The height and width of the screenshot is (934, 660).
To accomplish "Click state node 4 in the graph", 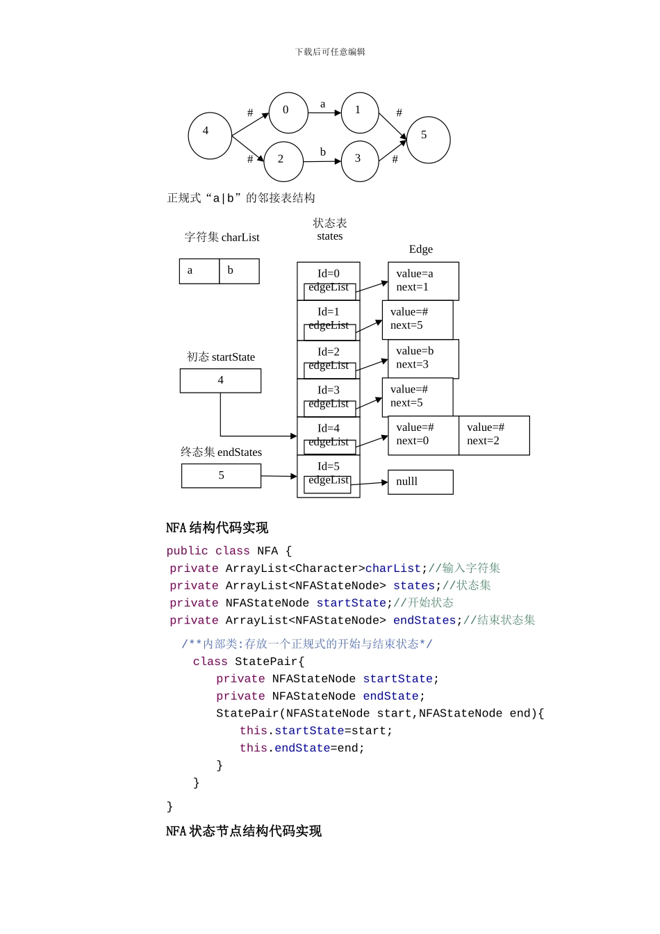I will click(209, 136).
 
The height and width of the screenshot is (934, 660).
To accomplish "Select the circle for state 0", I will click(288, 113).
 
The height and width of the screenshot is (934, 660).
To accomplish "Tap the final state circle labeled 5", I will click(428, 140).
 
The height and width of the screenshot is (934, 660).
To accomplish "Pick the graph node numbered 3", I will click(360, 161).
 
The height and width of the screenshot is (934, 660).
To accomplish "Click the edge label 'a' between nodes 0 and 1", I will click(322, 104).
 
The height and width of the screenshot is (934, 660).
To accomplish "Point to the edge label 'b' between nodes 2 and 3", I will click(322, 152).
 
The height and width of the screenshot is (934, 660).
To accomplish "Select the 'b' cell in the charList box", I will click(239, 271).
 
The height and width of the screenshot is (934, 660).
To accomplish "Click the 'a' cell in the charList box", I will click(199, 271).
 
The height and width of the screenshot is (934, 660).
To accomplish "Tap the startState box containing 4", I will click(220, 381).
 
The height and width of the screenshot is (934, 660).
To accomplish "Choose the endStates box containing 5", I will click(221, 476).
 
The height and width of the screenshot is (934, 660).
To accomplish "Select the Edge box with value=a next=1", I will click(423, 281).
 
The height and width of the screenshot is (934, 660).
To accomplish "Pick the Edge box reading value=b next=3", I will click(423, 359).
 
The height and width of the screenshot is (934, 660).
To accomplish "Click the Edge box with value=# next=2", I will click(494, 436).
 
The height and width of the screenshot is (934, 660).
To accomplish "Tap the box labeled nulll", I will click(420, 482).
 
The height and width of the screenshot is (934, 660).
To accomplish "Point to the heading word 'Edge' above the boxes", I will click(420, 249).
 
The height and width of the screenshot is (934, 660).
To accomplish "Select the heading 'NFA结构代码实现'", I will click(217, 528).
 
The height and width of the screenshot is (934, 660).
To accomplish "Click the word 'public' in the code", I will click(187, 551).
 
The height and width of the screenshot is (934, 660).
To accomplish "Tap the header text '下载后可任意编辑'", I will click(330, 52).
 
